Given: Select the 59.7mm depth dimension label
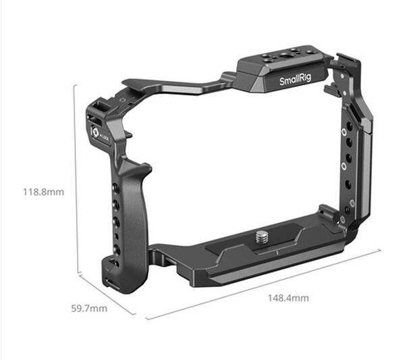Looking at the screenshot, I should (x=90, y=309).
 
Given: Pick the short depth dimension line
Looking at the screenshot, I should (x=107, y=294).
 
